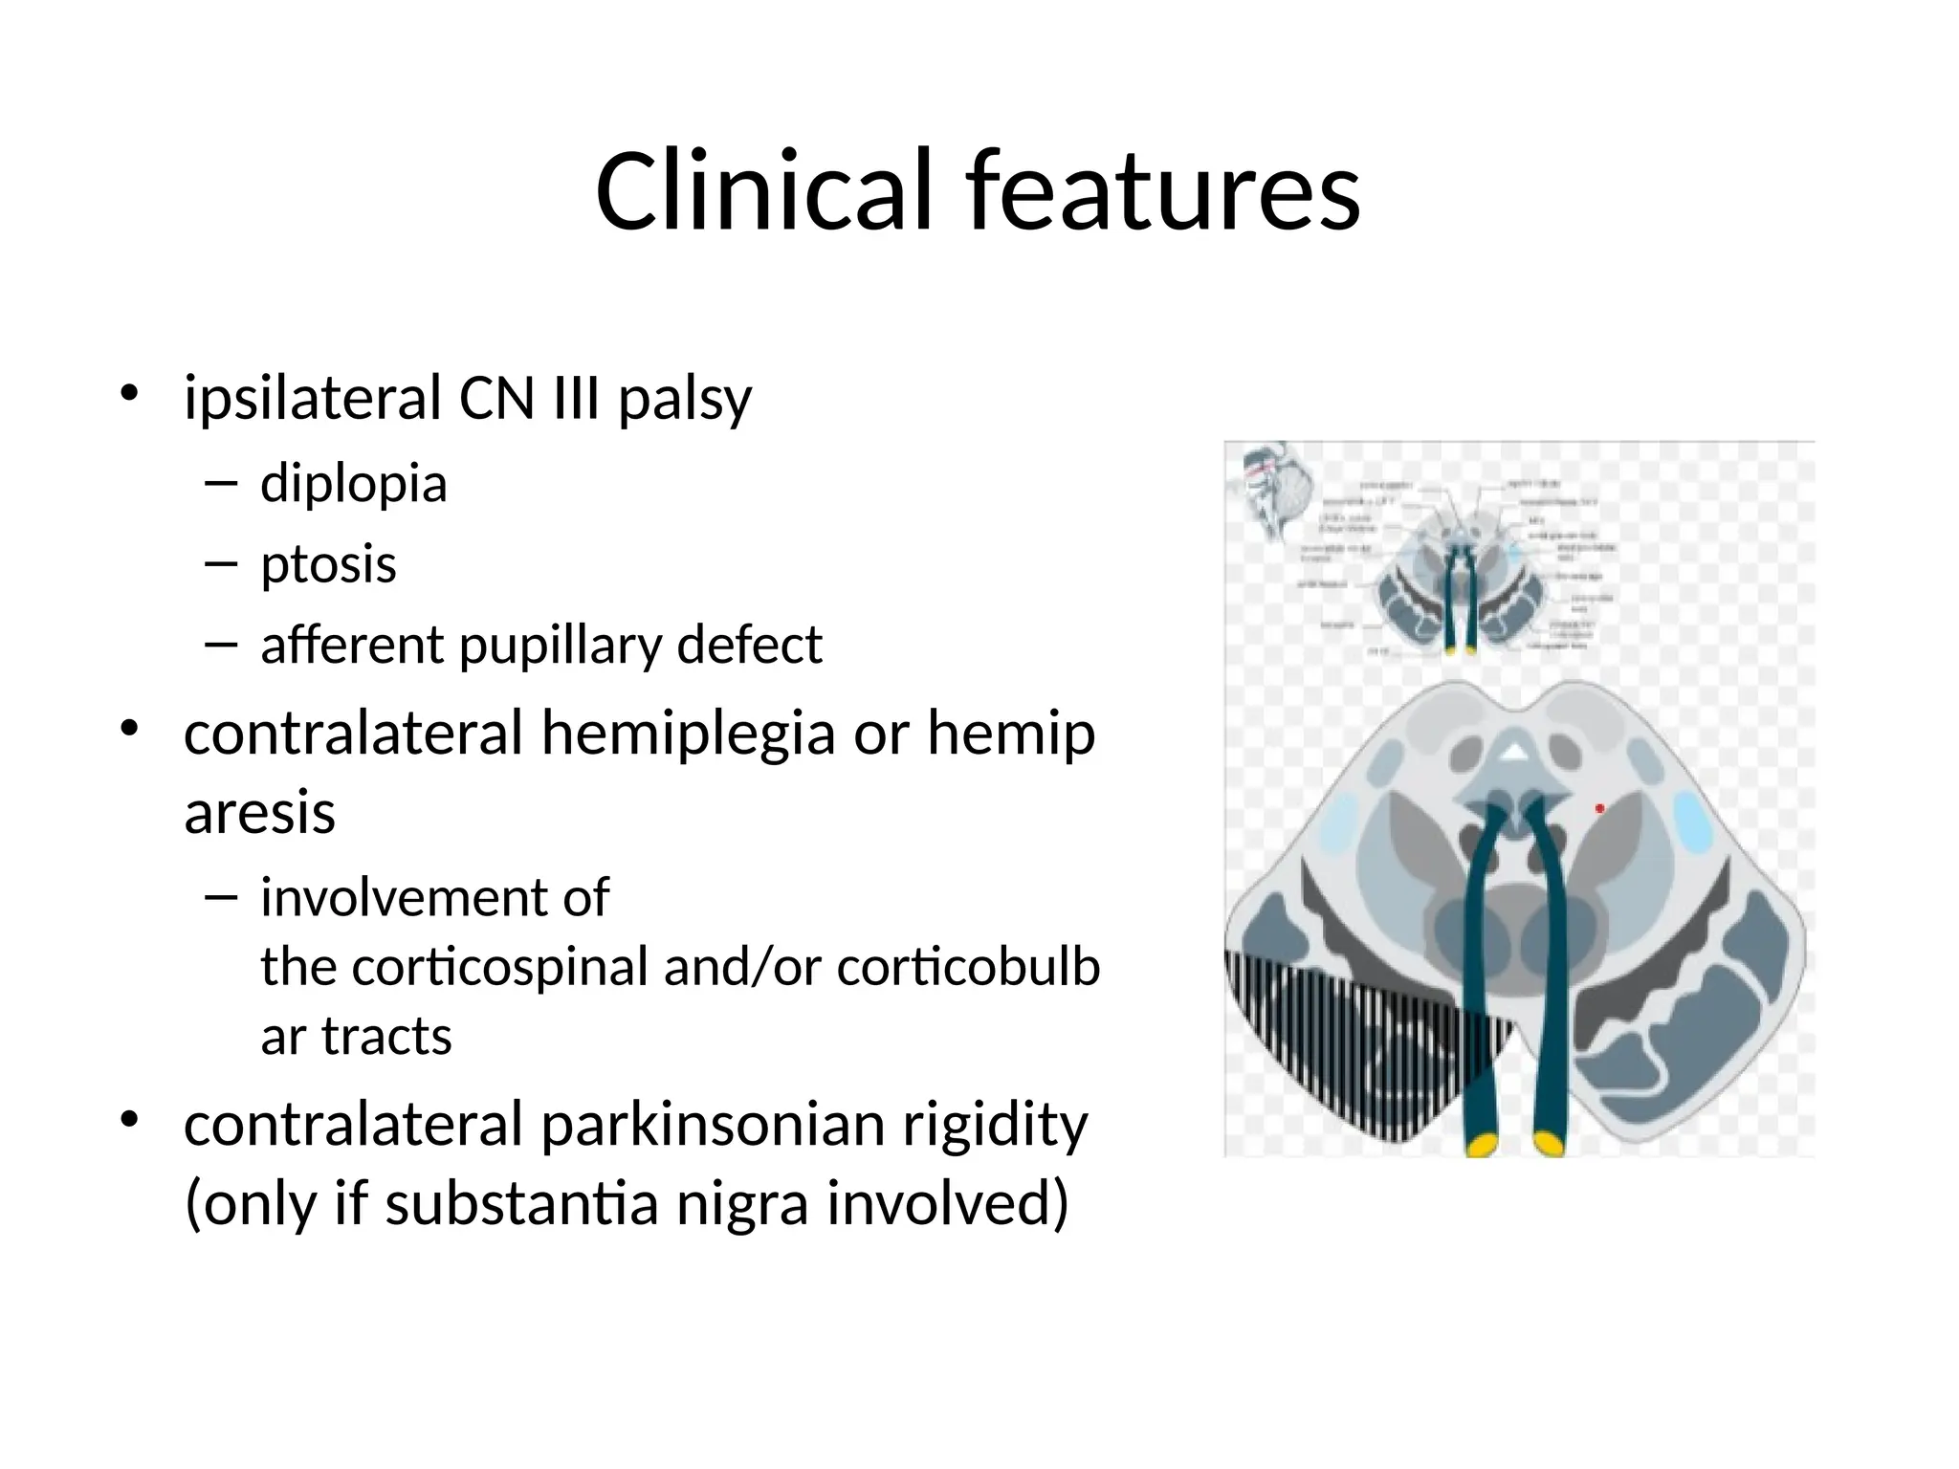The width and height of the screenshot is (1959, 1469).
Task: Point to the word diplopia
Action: click(x=353, y=484)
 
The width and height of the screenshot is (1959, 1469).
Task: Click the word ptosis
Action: click(x=328, y=564)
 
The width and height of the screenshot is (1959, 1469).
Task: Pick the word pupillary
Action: click(x=560, y=646)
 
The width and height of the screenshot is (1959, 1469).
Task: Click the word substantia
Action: click(x=521, y=1204)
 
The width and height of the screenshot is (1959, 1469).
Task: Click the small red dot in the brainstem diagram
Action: click(x=1599, y=809)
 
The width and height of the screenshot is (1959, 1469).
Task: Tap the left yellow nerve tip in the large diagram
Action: click(x=1482, y=1144)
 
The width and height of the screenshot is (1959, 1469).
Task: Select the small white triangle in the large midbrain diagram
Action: click(x=1512, y=754)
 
